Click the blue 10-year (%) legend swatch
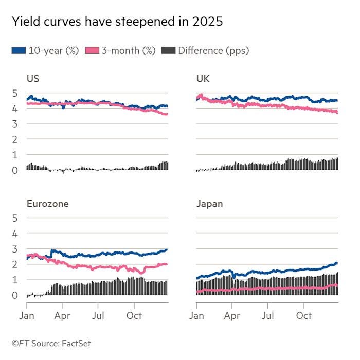tap(18, 50)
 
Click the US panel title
tap(33, 79)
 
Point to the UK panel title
tap(203, 79)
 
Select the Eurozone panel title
tap(47, 204)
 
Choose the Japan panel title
tap(209, 204)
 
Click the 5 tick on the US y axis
tap(15, 93)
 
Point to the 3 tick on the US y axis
tap(15, 124)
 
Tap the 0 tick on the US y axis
tap(15, 170)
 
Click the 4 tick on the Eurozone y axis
tap(15, 233)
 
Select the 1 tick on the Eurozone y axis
tap(15, 280)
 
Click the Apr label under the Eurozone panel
tap(62, 315)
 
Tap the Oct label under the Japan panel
tap(304, 315)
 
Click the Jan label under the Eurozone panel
tap(27, 315)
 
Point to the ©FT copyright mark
tap(20, 343)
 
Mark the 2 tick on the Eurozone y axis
tap(15, 264)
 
